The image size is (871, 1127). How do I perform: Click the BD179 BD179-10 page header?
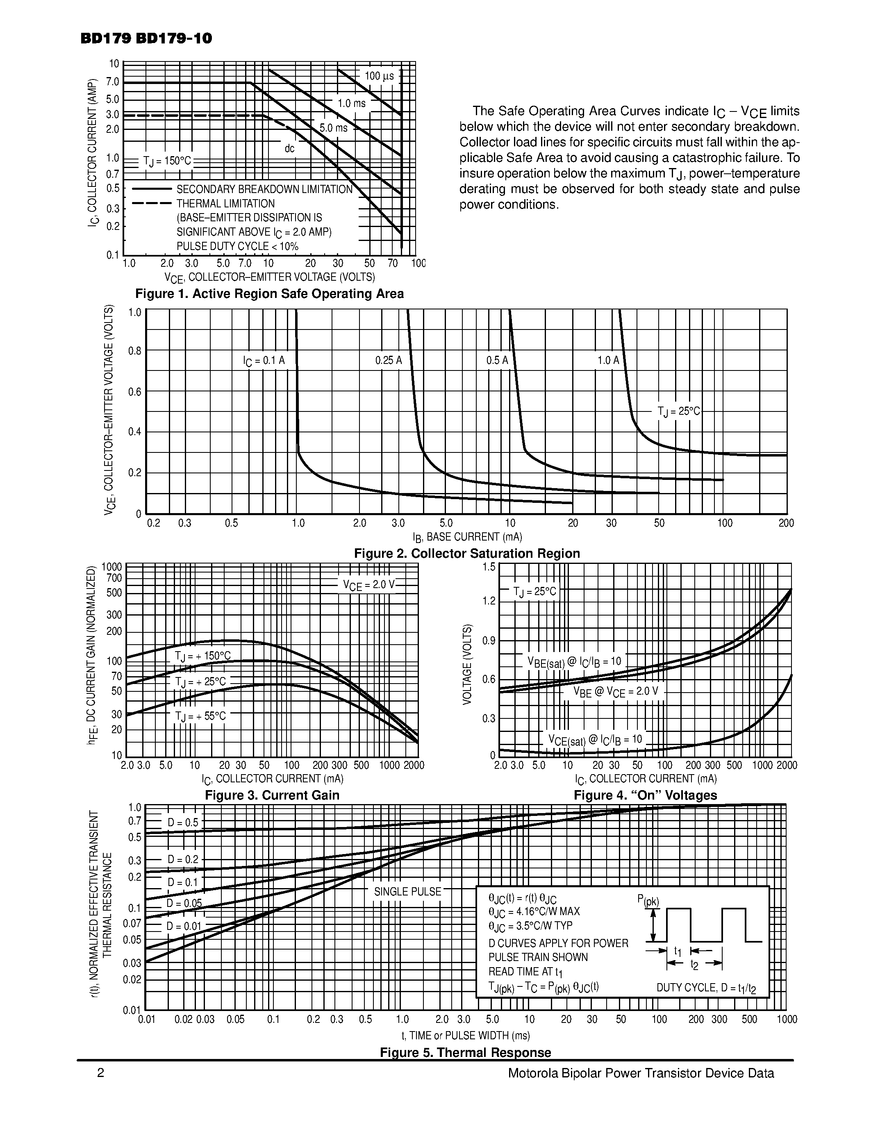[x=146, y=39]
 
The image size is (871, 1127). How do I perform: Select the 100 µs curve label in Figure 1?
[x=379, y=76]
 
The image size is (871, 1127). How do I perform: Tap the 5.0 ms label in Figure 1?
[x=333, y=128]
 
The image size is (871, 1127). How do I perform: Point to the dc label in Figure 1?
[x=289, y=149]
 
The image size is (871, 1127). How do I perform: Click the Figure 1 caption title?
[x=269, y=293]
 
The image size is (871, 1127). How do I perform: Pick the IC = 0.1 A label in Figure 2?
[x=264, y=361]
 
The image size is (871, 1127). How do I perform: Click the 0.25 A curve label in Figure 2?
[x=389, y=361]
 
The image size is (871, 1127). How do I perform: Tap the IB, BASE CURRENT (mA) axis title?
[x=467, y=537]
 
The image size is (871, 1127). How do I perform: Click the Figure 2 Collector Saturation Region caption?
[x=467, y=553]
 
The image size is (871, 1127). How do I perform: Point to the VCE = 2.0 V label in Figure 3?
[x=368, y=585]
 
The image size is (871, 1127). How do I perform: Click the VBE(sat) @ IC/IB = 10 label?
[x=574, y=661]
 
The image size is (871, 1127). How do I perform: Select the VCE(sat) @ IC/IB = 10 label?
[x=595, y=740]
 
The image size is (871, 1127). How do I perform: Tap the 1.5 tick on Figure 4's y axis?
[x=489, y=567]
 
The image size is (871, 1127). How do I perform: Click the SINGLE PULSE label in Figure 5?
[x=408, y=892]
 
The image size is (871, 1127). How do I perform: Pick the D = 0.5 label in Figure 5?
[x=183, y=823]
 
